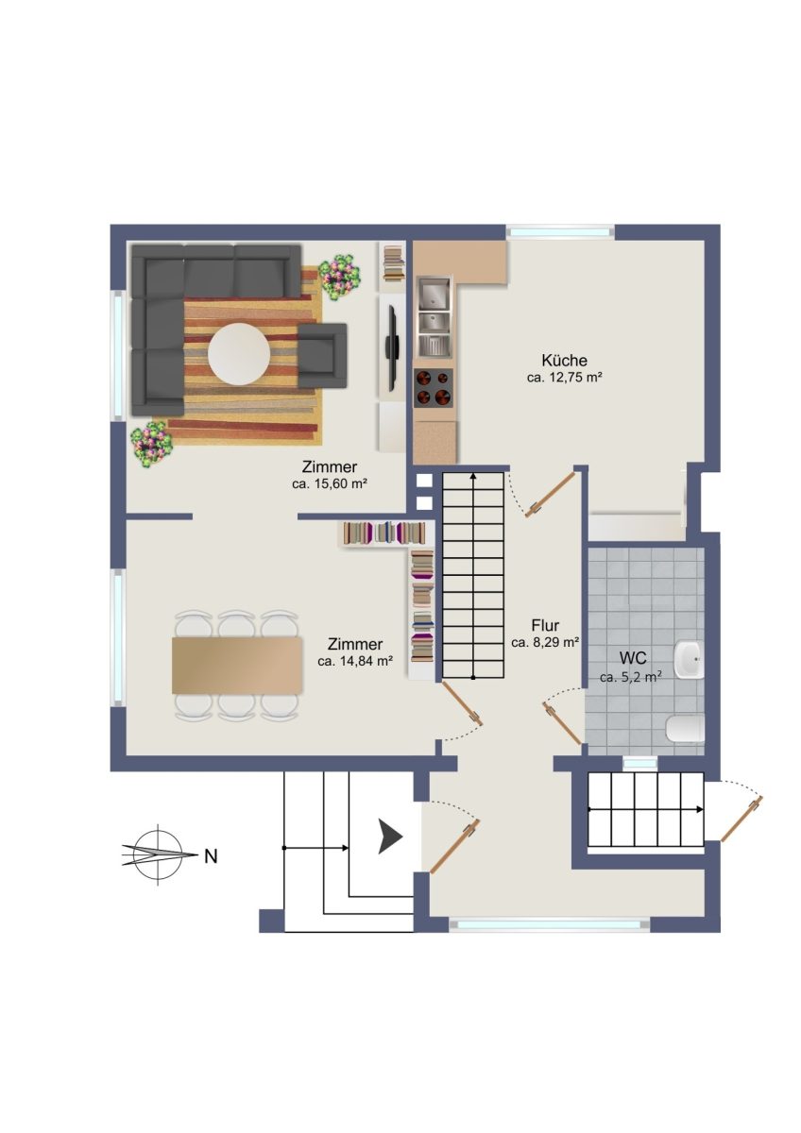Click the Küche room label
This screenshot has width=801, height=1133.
click(x=564, y=360)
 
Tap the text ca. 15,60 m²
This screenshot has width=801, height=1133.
click(x=329, y=483)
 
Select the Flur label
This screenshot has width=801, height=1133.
click(x=545, y=625)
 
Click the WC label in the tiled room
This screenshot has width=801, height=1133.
click(x=633, y=658)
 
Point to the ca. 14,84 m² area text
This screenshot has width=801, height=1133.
click(x=355, y=661)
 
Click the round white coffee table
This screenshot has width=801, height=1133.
click(x=239, y=352)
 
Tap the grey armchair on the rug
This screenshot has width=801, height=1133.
click(x=322, y=356)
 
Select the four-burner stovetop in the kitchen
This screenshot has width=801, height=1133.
click(x=434, y=388)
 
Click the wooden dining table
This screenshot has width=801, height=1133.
click(x=238, y=665)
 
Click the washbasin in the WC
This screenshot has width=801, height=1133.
click(x=689, y=660)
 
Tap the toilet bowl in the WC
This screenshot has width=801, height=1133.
click(x=685, y=728)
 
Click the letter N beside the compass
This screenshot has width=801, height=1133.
click(x=211, y=857)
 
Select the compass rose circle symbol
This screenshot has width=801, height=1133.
click(x=159, y=855)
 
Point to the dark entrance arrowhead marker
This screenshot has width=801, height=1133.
click(x=390, y=837)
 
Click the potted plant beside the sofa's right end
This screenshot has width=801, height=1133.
click(x=339, y=277)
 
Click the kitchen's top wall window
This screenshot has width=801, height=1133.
click(x=560, y=232)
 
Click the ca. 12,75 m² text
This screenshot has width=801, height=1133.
click(x=564, y=378)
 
